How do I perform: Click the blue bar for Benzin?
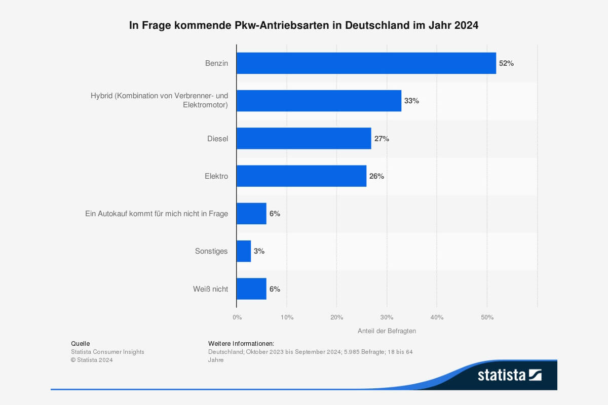pyautogui.click(x=366, y=63)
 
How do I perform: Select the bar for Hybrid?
pyautogui.click(x=319, y=101)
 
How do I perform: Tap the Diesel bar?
pyautogui.click(x=303, y=138)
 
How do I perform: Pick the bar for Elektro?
pyautogui.click(x=301, y=176)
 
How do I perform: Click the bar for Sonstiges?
pyautogui.click(x=244, y=251)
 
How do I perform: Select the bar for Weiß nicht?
pyautogui.click(x=251, y=289)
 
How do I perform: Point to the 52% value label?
pyautogui.click(x=506, y=63)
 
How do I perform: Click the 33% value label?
pyautogui.click(x=411, y=101)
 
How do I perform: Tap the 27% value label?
pyautogui.click(x=382, y=138)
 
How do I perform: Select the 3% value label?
pyautogui.click(x=259, y=251)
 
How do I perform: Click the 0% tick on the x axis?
pyautogui.click(x=237, y=317)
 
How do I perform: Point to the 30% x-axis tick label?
pyautogui.click(x=387, y=317)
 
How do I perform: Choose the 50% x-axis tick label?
pyautogui.click(x=487, y=317)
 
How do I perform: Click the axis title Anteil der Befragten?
pyautogui.click(x=387, y=331)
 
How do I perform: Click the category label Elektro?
pyautogui.click(x=216, y=176)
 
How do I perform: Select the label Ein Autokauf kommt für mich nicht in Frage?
pyautogui.click(x=157, y=214)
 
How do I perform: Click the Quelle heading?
pyautogui.click(x=80, y=343)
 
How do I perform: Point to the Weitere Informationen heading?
pyautogui.click(x=241, y=343)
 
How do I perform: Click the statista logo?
pyautogui.click(x=509, y=375)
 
